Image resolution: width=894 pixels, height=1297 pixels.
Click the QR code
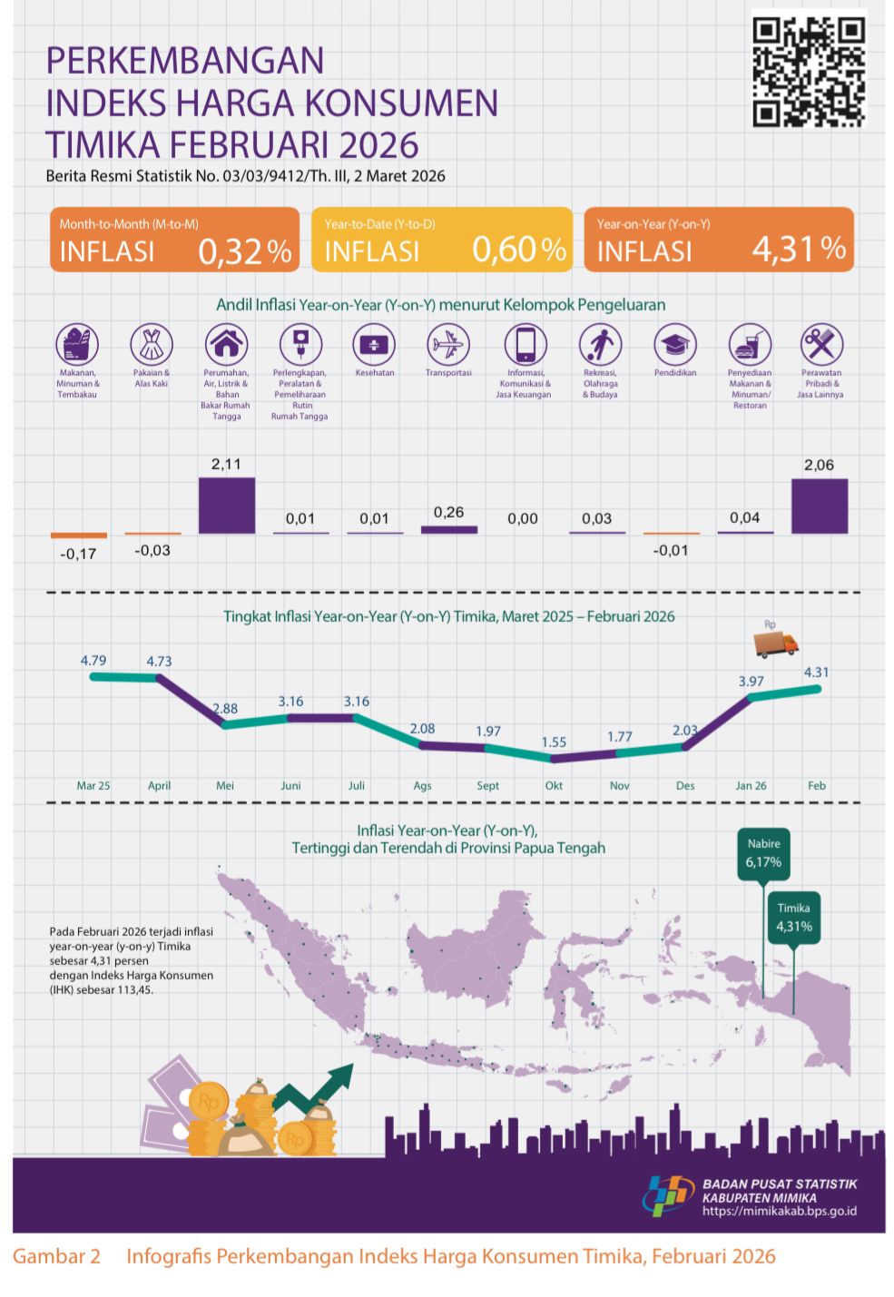tap(808, 72)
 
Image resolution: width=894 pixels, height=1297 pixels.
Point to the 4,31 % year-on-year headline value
tap(799, 249)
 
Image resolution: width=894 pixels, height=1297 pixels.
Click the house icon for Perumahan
tap(226, 344)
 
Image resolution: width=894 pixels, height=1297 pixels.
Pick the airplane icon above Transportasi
tap(447, 344)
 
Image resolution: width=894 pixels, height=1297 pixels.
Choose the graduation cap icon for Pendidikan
tap(674, 344)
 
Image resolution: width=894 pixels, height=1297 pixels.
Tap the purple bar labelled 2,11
tap(226, 505)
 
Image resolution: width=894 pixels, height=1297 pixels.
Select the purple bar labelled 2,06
tap(819, 506)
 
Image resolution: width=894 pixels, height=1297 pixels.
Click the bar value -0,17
tap(78, 554)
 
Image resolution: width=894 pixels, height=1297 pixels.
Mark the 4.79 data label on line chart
tap(93, 661)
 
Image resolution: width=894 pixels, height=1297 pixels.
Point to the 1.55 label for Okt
tap(554, 742)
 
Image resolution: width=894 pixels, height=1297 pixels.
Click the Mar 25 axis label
tap(93, 785)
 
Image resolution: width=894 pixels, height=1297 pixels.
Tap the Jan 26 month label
tap(751, 785)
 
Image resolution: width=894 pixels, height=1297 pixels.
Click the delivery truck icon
tap(776, 644)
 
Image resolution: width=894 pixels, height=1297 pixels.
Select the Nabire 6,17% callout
tap(763, 854)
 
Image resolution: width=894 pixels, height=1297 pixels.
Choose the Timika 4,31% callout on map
tap(793, 918)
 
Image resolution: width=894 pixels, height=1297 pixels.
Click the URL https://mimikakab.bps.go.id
tap(779, 1211)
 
